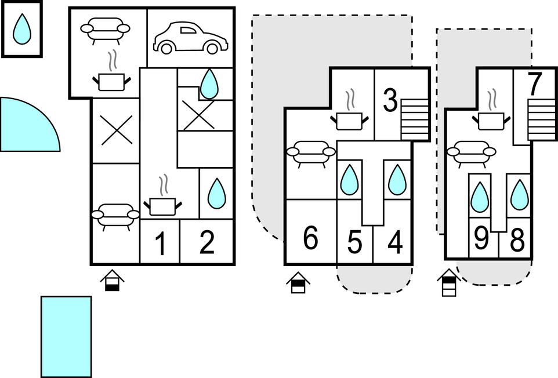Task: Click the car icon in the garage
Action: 190,38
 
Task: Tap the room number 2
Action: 206,242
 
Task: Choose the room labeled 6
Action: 311,238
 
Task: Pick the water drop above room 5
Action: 349,180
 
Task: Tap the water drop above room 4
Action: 397,180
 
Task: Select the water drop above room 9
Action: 479,197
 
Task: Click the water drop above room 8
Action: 519,195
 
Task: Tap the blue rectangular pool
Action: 66,336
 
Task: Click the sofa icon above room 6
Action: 311,154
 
